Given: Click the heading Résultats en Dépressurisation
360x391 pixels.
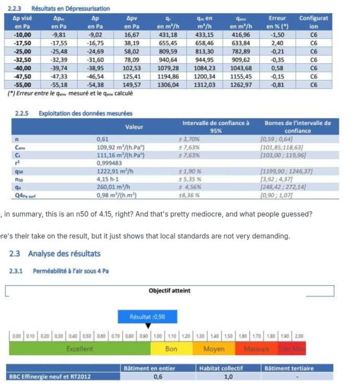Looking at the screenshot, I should (70, 9).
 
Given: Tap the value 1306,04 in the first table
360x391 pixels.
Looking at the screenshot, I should (168, 85).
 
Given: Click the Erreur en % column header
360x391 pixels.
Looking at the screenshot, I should (277, 21).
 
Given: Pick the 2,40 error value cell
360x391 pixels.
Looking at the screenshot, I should (277, 43).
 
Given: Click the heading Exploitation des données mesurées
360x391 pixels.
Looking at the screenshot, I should (86, 113).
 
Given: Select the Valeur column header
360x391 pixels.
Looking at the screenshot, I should (134, 127).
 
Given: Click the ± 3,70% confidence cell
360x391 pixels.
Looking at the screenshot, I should (189, 139).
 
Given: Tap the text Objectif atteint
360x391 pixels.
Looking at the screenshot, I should (169, 290).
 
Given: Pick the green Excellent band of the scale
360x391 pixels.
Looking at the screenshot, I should (80, 349).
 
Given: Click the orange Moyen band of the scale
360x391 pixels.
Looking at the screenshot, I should (214, 349).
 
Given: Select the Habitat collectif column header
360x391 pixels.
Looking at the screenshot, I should (221, 368).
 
